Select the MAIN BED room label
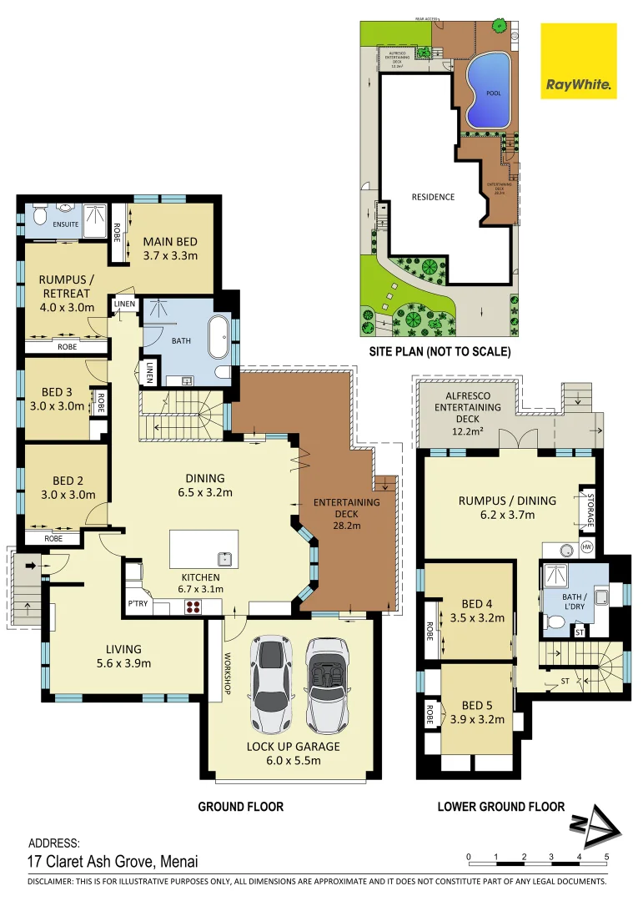pyautogui.click(x=170, y=249)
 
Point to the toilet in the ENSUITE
pyautogui.click(x=39, y=218)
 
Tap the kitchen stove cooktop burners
pyautogui.click(x=193, y=607)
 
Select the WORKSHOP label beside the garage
pyautogui.click(x=225, y=674)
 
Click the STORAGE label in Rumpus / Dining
pyautogui.click(x=590, y=511)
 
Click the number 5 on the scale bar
pyautogui.click(x=606, y=857)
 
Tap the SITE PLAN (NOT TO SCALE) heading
pyautogui.click(x=440, y=352)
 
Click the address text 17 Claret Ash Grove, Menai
pyautogui.click(x=113, y=862)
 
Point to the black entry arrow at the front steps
pyautogui.click(x=31, y=566)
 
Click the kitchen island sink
pyautogui.click(x=223, y=558)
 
